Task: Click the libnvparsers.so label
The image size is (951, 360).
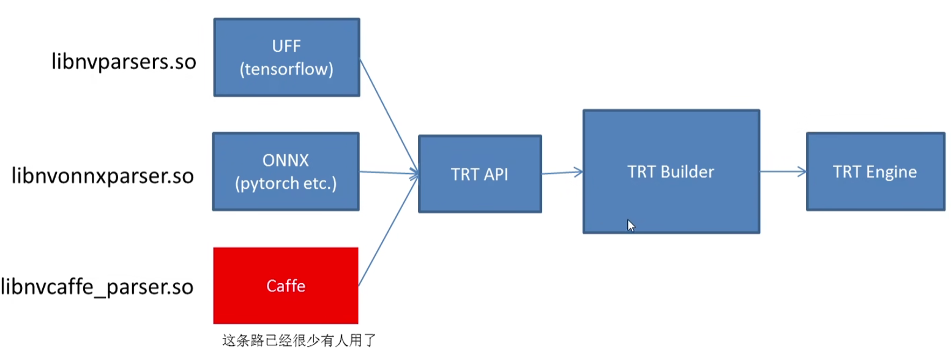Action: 123,62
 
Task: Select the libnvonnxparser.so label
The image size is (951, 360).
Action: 103,176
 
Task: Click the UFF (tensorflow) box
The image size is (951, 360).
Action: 286,57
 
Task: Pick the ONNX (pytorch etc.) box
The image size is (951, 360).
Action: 286,171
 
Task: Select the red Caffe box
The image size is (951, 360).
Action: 286,285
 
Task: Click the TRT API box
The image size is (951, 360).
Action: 480,174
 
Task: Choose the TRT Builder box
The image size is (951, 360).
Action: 671,171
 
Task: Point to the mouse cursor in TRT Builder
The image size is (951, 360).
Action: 631,225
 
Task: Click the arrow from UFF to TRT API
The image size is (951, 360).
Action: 389,116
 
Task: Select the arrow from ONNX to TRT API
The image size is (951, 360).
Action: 389,173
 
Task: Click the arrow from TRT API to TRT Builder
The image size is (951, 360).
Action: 562,173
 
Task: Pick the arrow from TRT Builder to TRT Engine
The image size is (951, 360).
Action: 783,172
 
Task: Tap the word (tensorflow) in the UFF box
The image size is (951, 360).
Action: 286,69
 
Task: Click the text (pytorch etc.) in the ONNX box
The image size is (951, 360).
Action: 286,184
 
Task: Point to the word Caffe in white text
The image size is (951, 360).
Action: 286,286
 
